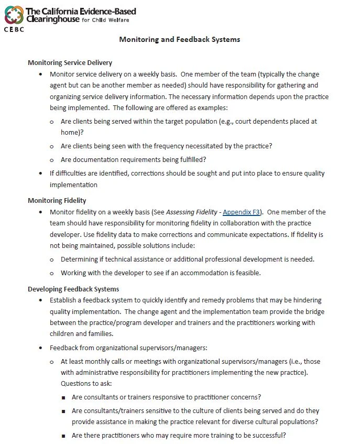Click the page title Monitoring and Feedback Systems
point(179,39)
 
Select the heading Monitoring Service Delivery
point(70,63)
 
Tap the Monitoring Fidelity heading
point(57,201)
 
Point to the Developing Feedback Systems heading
point(73,289)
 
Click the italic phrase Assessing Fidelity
point(192,212)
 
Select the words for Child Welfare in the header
point(106,20)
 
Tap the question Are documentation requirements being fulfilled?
point(133,160)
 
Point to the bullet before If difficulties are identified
point(41,174)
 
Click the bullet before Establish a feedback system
point(41,300)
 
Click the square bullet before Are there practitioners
point(63,436)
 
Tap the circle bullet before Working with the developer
point(52,273)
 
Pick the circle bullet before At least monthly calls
point(52,362)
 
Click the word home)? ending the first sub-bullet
point(73,133)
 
